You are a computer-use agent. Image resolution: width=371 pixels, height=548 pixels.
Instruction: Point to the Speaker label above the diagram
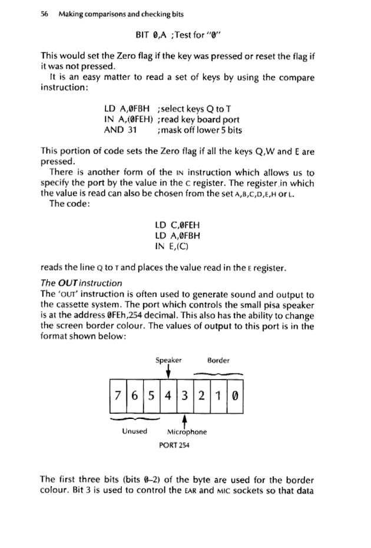pyautogui.click(x=168, y=359)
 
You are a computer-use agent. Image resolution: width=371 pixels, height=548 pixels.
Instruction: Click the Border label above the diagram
pyautogui.click(x=219, y=359)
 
